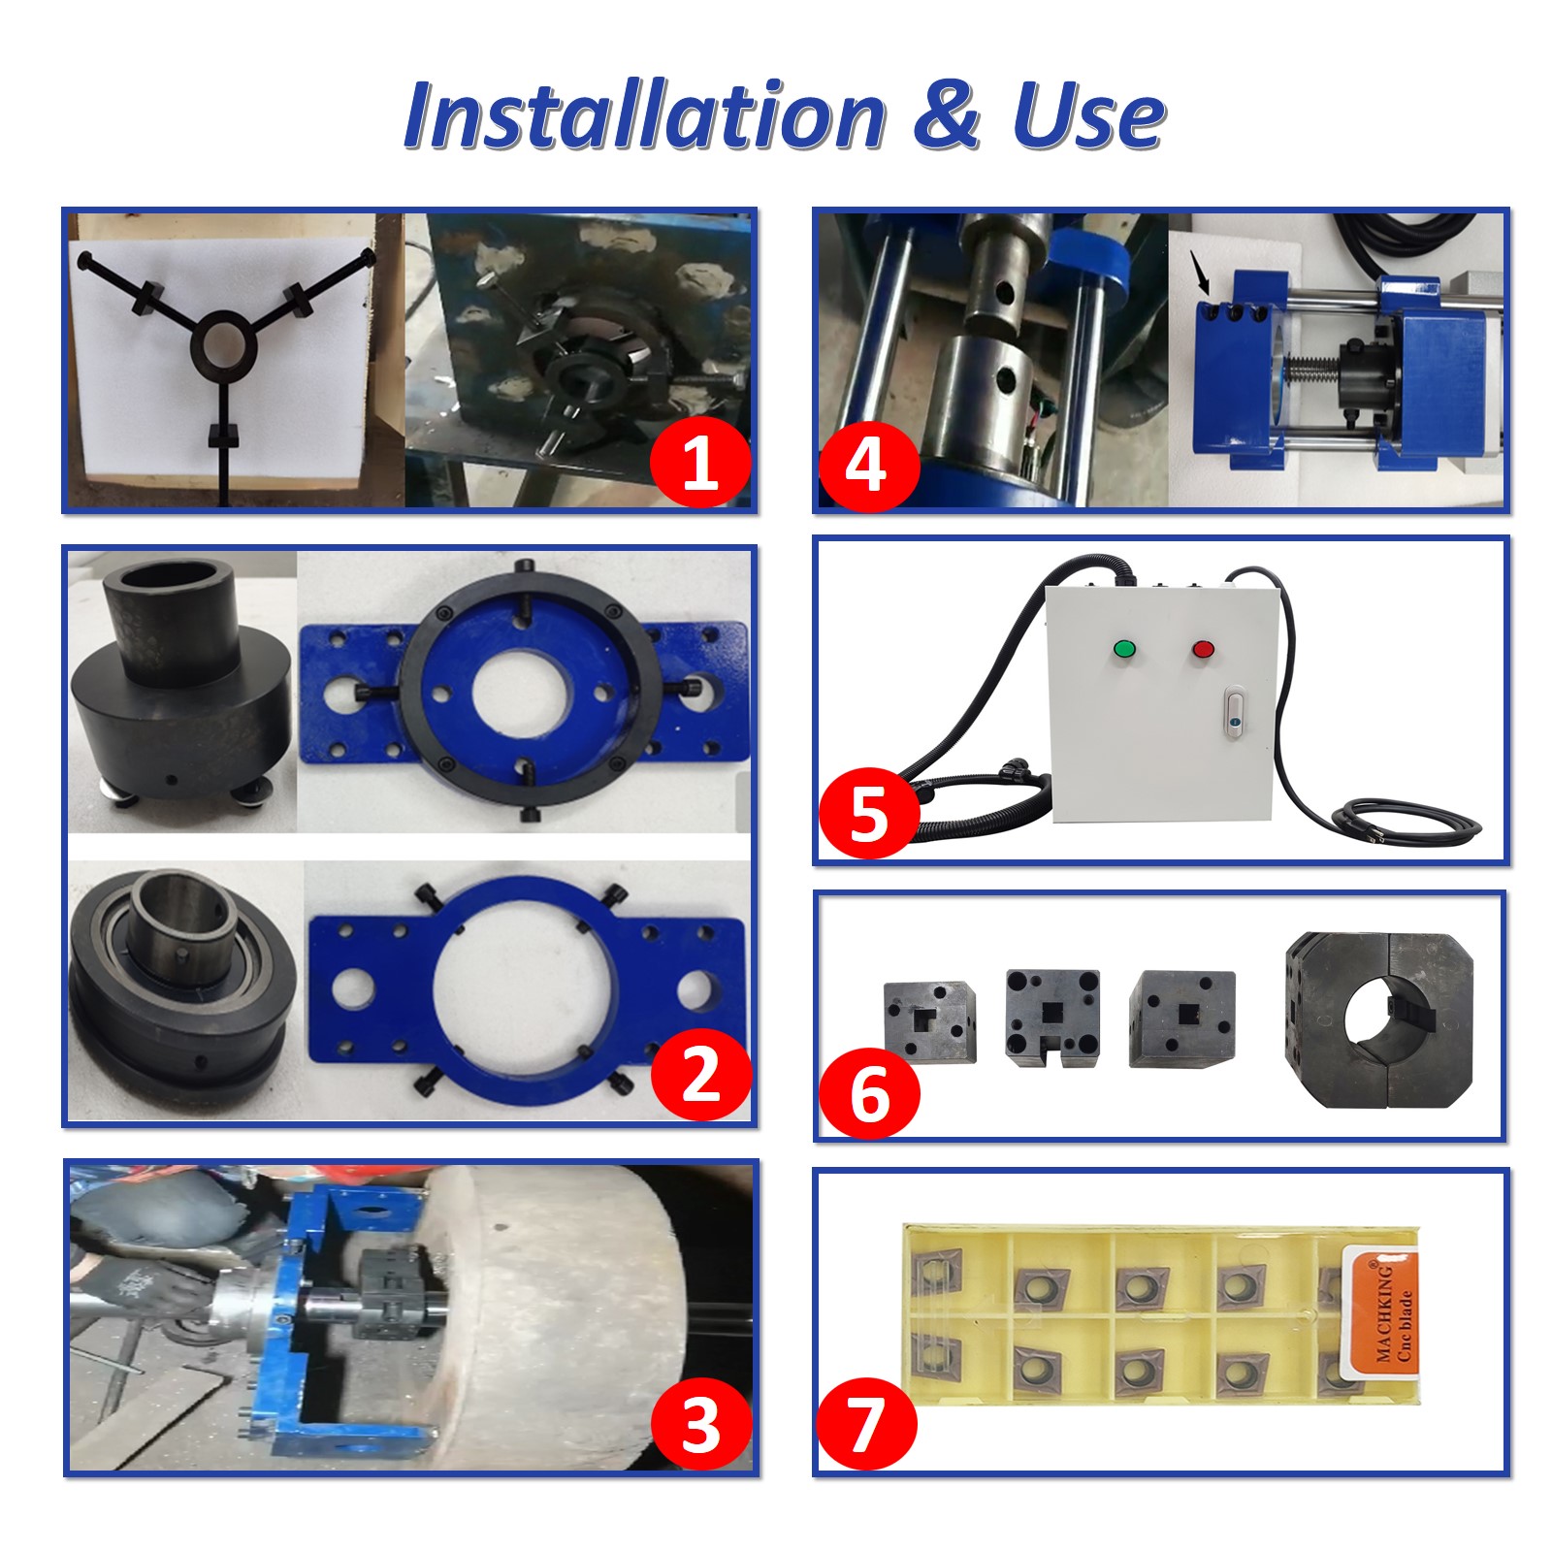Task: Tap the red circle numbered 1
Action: [699, 463]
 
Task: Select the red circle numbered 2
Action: [701, 1074]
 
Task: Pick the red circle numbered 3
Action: [700, 1425]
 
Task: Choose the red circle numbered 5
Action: [868, 813]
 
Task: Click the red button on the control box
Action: [1204, 649]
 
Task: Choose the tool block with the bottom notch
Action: [1052, 1017]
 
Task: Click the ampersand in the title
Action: [947, 114]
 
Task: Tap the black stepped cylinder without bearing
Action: [181, 679]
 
